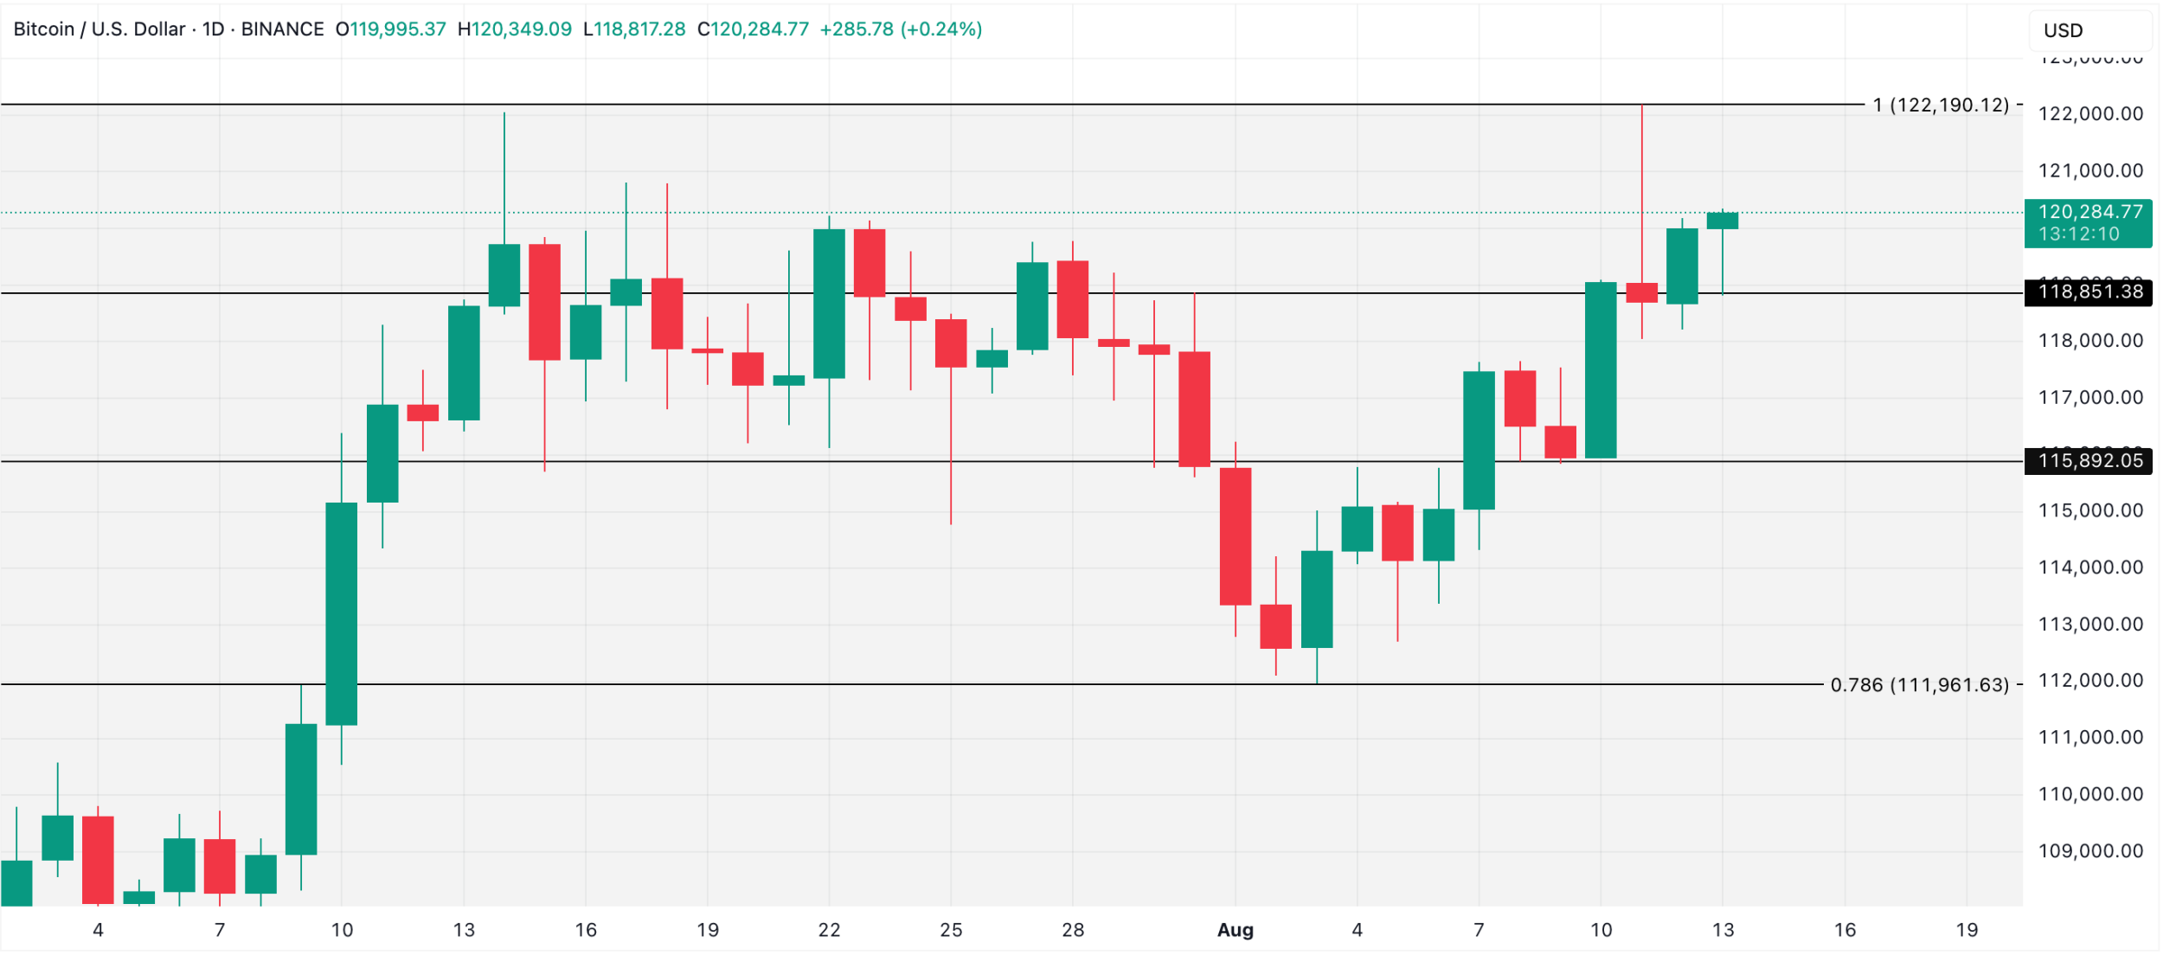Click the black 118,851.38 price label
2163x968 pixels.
pyautogui.click(x=2089, y=292)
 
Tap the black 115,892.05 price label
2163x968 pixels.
pyautogui.click(x=2089, y=461)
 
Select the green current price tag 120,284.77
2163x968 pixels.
pyautogui.click(x=2089, y=223)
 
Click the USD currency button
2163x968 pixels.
pyautogui.click(x=2064, y=30)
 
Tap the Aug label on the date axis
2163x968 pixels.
pyautogui.click(x=1236, y=931)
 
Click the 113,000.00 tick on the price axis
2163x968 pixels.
pyautogui.click(x=2089, y=625)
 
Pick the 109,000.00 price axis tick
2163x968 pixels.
pyautogui.click(x=2089, y=851)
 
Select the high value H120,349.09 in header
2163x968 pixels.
pyautogui.click(x=515, y=29)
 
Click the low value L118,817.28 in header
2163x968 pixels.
pyautogui.click(x=634, y=29)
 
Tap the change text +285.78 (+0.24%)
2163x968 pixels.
pyautogui.click(x=901, y=29)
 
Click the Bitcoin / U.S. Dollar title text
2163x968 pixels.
pyautogui.click(x=99, y=29)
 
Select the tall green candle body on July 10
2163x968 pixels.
pyautogui.click(x=342, y=614)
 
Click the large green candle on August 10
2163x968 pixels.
pyautogui.click(x=1601, y=370)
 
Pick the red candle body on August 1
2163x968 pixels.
pyautogui.click(x=1236, y=536)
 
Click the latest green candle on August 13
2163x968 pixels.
pyautogui.click(x=1723, y=221)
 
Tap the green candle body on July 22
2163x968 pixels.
pyautogui.click(x=829, y=304)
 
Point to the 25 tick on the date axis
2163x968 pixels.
pyautogui.click(x=951, y=931)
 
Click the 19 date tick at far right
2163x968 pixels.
pyautogui.click(x=1967, y=931)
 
